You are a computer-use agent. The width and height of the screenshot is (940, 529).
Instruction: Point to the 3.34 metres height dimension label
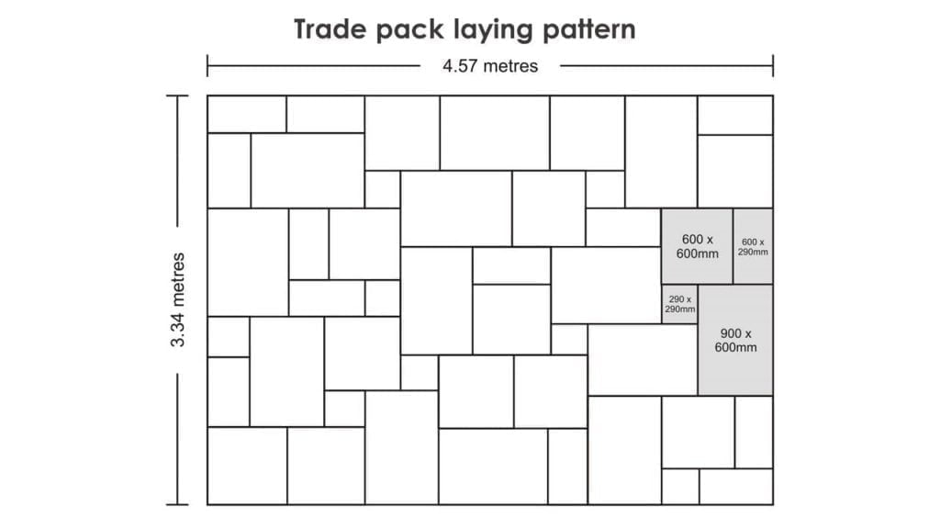click(x=178, y=299)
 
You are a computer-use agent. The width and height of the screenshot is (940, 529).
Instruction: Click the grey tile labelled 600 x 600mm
click(x=698, y=246)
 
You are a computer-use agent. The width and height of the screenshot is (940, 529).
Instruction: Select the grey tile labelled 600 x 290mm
click(x=754, y=246)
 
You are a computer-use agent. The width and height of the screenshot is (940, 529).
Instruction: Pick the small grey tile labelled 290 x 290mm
click(x=680, y=304)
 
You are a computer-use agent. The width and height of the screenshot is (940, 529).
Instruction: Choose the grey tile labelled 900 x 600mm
click(x=735, y=340)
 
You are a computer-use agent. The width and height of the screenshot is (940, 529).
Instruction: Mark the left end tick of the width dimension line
click(x=207, y=66)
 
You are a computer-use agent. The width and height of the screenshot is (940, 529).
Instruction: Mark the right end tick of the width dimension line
click(x=773, y=66)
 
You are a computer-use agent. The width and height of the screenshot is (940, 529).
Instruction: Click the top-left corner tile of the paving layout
click(x=247, y=115)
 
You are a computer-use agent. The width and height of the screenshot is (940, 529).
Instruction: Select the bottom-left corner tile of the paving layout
click(x=247, y=466)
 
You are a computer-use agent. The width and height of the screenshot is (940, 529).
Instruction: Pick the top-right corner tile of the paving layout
click(x=735, y=115)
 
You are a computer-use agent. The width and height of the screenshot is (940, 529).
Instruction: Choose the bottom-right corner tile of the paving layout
click(x=735, y=486)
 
